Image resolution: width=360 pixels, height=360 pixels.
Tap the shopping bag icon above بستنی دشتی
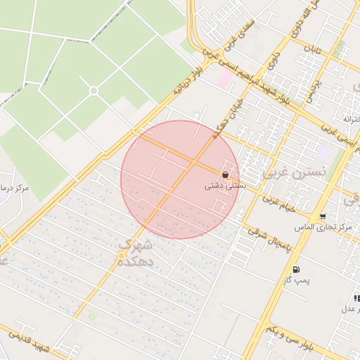(x=225, y=174)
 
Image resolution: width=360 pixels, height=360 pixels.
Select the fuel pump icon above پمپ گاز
(x=295, y=269)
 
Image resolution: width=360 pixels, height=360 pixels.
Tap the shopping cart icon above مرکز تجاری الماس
(x=323, y=217)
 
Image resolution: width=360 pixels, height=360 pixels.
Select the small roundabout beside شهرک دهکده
(x=122, y=255)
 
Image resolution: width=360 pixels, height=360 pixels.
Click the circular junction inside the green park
(x=94, y=91)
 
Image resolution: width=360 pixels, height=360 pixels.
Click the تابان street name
(x=314, y=49)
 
